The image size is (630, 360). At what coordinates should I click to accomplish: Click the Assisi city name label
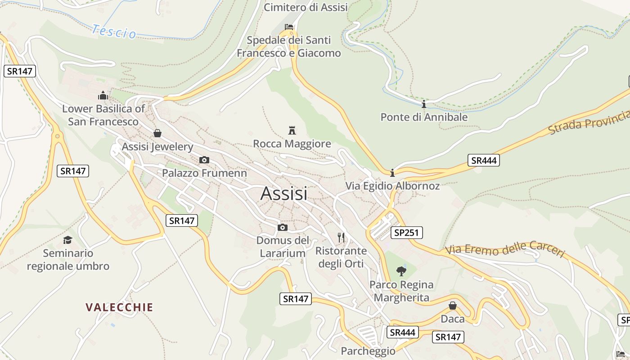click(284, 193)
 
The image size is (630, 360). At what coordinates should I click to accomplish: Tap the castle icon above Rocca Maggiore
click(292, 130)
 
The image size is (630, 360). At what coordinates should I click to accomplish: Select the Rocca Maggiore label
click(292, 144)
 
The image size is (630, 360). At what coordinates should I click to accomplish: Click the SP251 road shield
click(406, 233)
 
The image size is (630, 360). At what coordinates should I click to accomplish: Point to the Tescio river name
click(114, 31)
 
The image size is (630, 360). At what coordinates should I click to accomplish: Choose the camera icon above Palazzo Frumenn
click(204, 160)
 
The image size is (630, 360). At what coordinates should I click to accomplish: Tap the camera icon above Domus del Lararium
click(283, 227)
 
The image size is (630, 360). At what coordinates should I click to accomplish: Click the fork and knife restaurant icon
click(341, 237)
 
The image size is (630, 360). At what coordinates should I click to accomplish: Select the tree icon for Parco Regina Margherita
click(401, 271)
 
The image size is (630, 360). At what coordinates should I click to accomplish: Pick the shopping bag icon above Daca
click(453, 306)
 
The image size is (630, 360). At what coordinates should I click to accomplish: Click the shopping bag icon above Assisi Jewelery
click(157, 133)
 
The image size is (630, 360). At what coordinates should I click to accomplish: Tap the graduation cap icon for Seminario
click(67, 240)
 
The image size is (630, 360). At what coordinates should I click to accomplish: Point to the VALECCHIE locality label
click(119, 307)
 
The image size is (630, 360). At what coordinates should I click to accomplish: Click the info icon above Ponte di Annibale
click(424, 104)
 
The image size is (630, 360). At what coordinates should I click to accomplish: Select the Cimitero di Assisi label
click(306, 7)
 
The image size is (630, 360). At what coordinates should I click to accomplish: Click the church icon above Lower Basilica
click(103, 95)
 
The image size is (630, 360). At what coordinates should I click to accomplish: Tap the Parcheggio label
click(368, 351)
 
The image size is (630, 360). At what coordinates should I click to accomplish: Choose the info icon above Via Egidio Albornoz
click(392, 172)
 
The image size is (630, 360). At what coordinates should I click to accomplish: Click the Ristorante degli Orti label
click(341, 257)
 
